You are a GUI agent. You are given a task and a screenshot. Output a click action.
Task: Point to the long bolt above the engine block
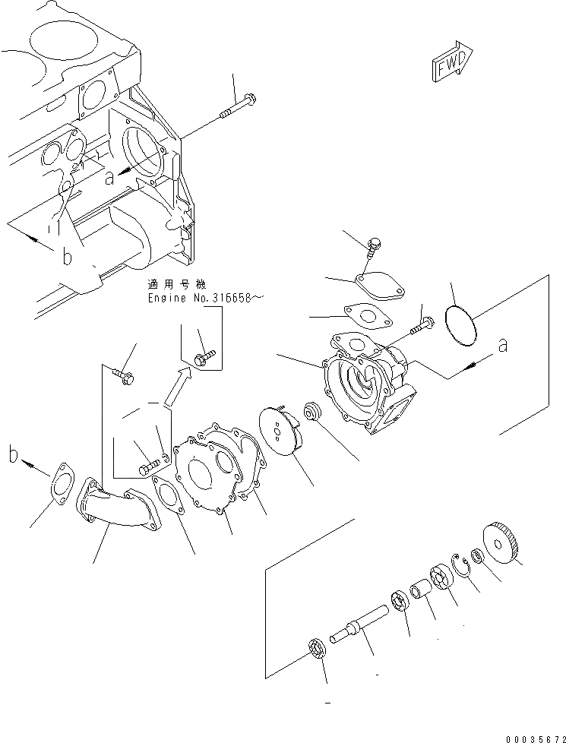point(239,107)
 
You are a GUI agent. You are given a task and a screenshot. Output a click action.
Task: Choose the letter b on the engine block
point(67,258)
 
